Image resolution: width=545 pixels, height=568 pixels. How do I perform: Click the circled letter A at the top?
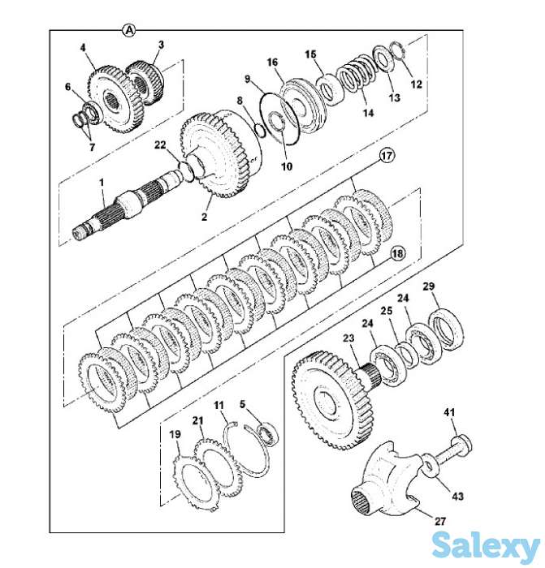pyautogui.click(x=128, y=30)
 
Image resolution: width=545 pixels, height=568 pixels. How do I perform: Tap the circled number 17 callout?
pyautogui.click(x=386, y=154)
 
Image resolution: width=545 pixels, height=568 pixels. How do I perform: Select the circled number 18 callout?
pyautogui.click(x=396, y=252)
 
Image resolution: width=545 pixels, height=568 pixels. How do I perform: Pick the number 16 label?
pyautogui.click(x=272, y=62)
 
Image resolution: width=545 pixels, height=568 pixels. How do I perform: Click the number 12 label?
pyautogui.click(x=417, y=84)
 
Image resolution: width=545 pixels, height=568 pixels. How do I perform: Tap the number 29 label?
pyautogui.click(x=428, y=287)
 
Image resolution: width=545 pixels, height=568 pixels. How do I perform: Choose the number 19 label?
pyautogui.click(x=175, y=435)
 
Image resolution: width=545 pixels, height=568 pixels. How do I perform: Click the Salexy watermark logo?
pyautogui.click(x=486, y=544)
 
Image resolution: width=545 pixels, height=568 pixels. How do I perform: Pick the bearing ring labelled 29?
pyautogui.click(x=446, y=325)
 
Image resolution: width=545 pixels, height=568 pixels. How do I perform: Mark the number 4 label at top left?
pyautogui.click(x=83, y=48)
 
